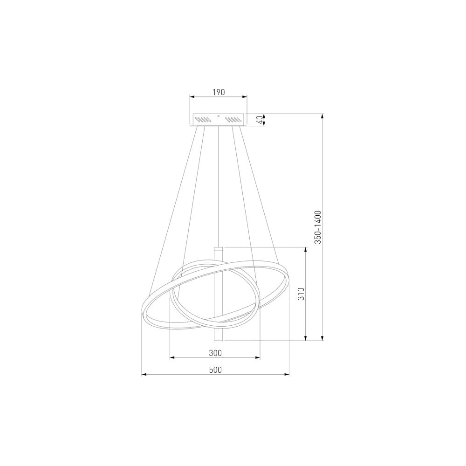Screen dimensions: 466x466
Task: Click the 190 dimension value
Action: click(219, 92)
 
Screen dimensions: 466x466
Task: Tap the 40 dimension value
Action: click(260, 120)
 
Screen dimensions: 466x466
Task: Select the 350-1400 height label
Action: click(318, 227)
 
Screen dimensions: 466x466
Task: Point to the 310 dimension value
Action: click(302, 294)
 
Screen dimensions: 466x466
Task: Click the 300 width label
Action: click(215, 353)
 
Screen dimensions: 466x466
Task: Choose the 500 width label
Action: click(215, 370)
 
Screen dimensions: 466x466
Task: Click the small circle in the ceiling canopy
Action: click(219, 116)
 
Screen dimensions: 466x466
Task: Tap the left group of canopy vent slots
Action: click(203, 120)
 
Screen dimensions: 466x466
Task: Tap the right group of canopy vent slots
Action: click(233, 120)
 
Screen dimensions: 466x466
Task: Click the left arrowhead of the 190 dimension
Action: click(192, 96)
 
